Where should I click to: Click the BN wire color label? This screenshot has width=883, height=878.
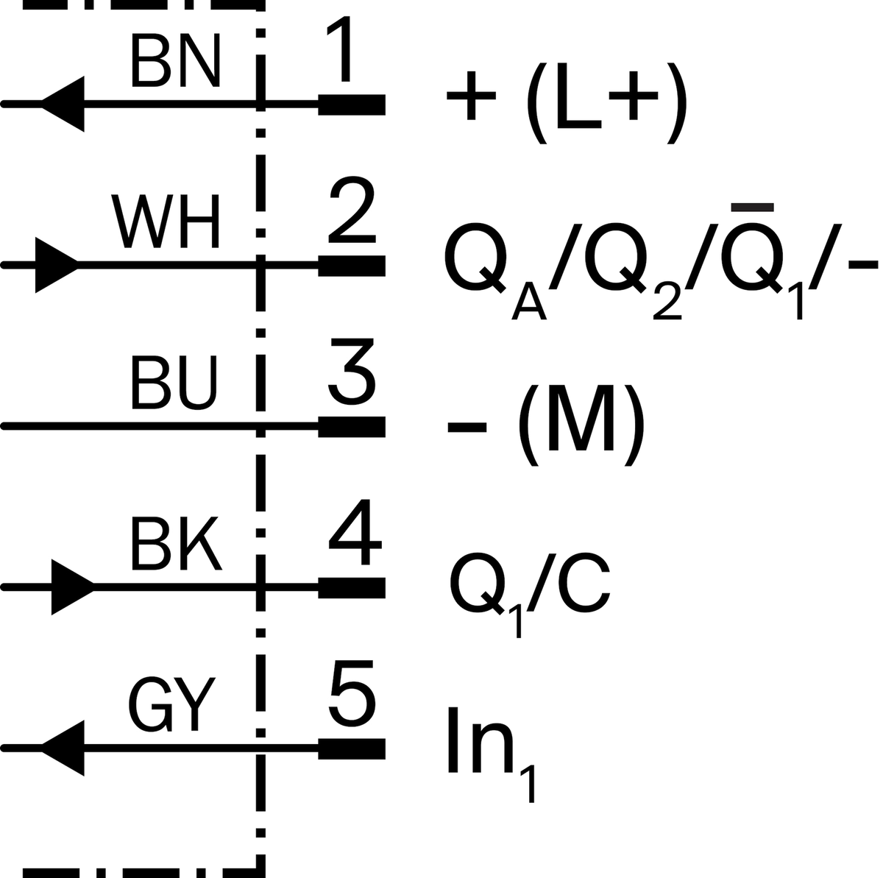point(176,62)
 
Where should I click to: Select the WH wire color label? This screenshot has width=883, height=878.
point(166,222)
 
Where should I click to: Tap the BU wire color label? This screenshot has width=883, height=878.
point(174,383)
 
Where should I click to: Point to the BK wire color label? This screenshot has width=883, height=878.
point(176,544)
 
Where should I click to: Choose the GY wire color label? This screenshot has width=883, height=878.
point(171,705)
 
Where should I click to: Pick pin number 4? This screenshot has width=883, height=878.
point(355,532)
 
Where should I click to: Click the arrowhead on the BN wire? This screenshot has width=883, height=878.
point(63,104)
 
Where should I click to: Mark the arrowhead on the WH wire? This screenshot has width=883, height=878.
point(57,265)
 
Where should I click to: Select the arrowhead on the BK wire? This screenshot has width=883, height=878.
point(73,587)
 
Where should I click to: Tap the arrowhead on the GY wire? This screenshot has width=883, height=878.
point(63,748)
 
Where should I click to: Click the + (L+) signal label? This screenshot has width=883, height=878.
point(567,103)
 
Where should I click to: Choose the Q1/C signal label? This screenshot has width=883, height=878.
point(530,594)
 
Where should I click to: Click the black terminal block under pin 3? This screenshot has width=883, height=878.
point(352,427)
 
